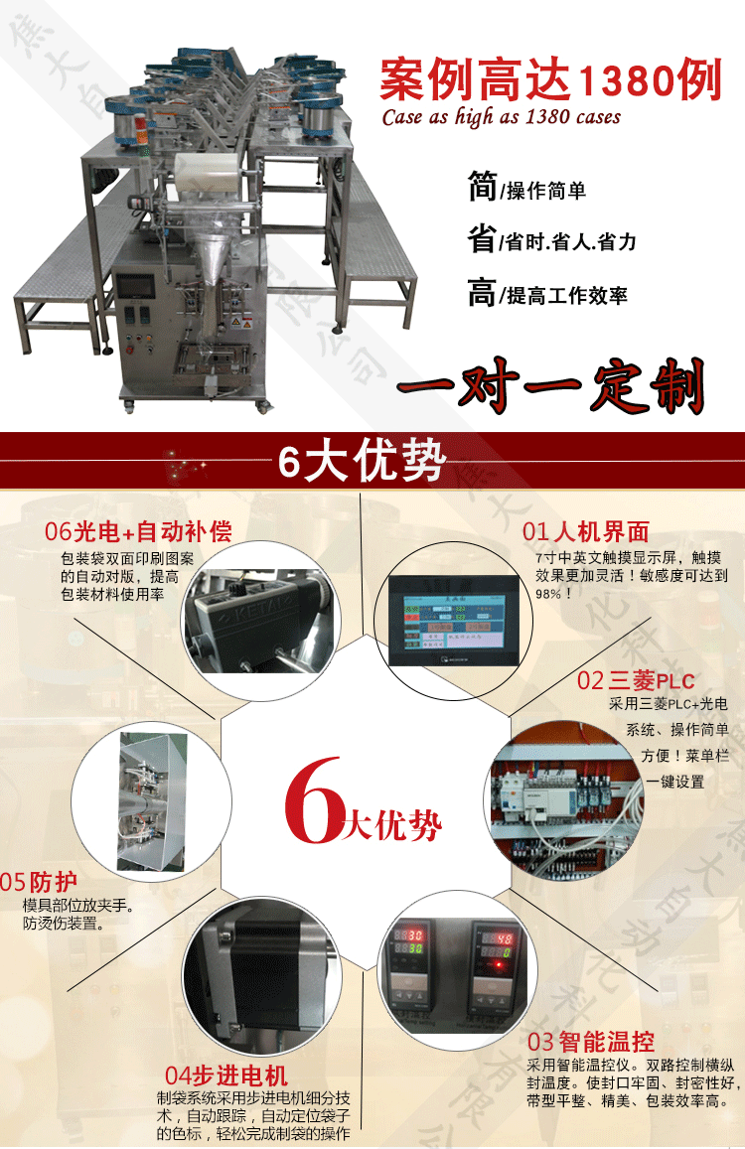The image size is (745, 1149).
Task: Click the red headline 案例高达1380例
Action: [550, 78]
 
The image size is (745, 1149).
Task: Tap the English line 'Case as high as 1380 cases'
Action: [502, 117]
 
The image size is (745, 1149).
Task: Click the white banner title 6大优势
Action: [362, 463]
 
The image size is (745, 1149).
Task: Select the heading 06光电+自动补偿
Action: [138, 531]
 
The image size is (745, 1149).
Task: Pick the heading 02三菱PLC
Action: [636, 680]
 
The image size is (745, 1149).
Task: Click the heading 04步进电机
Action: [226, 1076]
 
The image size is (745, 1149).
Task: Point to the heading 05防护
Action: [40, 882]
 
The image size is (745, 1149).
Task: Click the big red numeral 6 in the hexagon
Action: [313, 800]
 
